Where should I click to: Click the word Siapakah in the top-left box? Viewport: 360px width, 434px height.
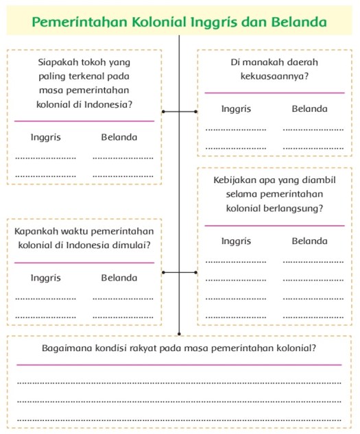coord(60,62)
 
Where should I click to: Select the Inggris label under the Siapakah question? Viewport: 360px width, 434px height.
coord(45,137)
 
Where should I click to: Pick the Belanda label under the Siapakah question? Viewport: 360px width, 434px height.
coord(119,137)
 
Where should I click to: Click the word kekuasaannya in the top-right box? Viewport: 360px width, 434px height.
coord(264,75)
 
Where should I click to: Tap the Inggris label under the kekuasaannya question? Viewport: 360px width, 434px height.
coord(236,109)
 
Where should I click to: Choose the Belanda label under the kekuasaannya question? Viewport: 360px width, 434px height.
coord(309,109)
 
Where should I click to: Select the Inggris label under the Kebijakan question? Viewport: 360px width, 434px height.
coord(236,241)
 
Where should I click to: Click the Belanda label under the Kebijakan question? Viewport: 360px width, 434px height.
coord(309,241)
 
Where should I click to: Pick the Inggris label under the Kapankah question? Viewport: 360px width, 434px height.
coord(45,278)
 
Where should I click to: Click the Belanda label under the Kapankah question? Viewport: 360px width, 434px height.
coord(119,278)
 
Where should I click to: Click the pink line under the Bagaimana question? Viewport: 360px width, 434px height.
coord(179,365)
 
